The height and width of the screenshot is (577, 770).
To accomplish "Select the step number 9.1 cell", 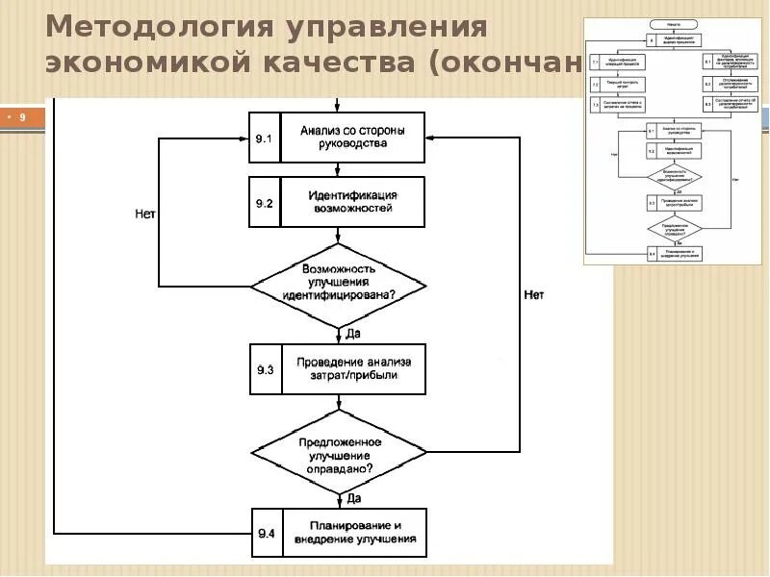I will click(265, 138).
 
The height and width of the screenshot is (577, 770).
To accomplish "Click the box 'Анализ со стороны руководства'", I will click(351, 138).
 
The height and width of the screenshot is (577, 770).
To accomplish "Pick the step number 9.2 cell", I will click(265, 202).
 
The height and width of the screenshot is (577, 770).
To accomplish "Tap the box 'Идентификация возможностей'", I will click(351, 202).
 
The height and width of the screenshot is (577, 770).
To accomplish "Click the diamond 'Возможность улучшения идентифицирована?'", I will click(338, 286).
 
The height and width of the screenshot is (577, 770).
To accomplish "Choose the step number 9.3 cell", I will click(266, 369).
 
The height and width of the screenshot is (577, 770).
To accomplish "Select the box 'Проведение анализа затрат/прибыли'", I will click(353, 369).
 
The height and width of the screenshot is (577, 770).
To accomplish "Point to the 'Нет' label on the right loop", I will click(533, 294).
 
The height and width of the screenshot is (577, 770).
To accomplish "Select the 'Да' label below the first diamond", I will click(352, 333).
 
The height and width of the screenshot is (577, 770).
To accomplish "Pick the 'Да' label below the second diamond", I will click(353, 498).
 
